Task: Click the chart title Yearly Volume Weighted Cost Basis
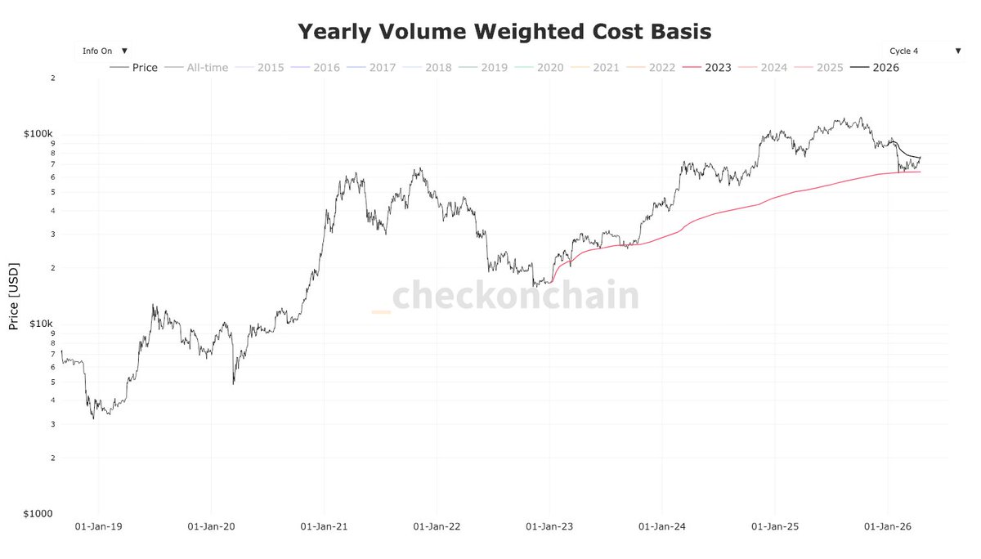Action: pos(504,32)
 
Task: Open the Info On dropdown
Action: pos(104,51)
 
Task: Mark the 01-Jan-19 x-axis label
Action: pos(98,528)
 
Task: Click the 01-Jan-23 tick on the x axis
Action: pos(549,528)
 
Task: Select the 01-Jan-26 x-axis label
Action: pos(888,528)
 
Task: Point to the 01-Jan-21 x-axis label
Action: pos(324,528)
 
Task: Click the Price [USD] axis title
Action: pos(14,296)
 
